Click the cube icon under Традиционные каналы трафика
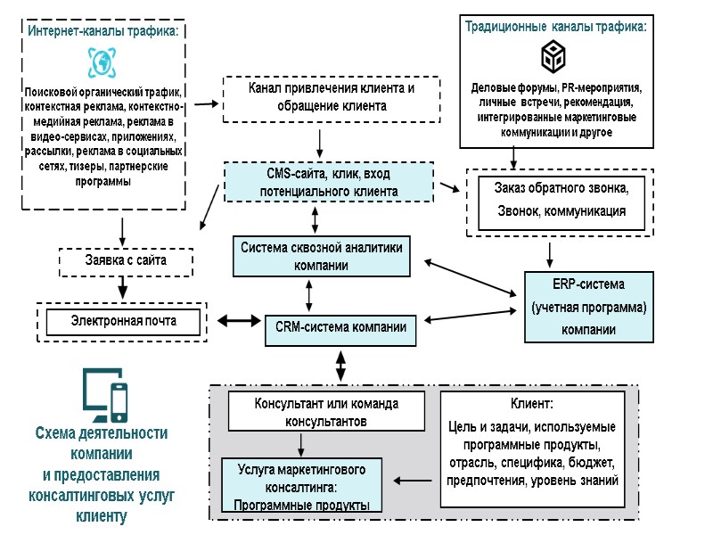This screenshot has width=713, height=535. click(553, 59)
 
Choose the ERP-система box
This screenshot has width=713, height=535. click(589, 308)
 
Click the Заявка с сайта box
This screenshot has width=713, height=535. click(126, 260)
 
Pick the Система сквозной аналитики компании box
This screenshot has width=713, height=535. click(322, 256)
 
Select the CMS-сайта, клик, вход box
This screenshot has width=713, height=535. click(328, 181)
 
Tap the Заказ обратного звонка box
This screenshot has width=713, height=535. click(561, 201)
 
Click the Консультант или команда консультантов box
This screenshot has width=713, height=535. click(326, 412)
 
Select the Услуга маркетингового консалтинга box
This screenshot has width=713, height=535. click(300, 485)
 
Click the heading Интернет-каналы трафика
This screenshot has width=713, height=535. click(103, 30)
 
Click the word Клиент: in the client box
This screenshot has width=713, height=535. click(532, 403)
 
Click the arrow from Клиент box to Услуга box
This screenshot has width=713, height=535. click(412, 482)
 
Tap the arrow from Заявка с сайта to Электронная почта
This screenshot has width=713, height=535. click(122, 288)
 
